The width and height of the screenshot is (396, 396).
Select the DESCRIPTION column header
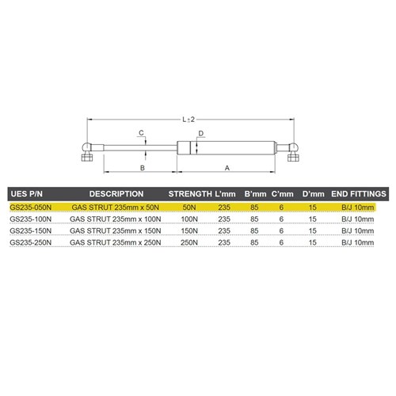pyautogui.click(x=116, y=193)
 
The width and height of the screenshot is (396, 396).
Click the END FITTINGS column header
pyautogui.click(x=358, y=193)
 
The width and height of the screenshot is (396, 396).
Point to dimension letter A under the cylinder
pyautogui.click(x=227, y=168)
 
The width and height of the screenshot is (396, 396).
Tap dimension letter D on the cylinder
pyautogui.click(x=201, y=133)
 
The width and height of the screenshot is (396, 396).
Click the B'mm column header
pyautogui.click(x=254, y=193)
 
